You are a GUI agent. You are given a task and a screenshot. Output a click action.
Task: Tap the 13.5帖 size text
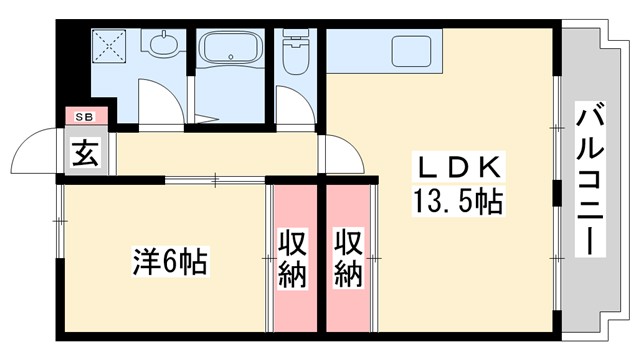point(455,202)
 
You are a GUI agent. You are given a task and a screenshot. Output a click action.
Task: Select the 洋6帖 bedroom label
point(170,262)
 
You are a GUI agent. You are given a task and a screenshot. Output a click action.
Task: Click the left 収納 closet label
point(292,258)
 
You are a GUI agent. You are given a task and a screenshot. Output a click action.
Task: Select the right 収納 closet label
point(347,258)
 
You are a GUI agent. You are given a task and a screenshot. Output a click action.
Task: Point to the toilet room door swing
point(291,105)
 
